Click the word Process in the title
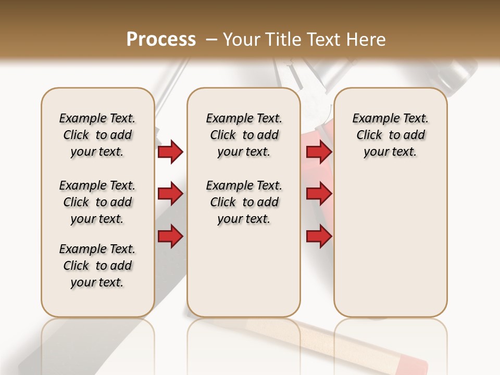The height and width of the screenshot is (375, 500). tap(161, 40)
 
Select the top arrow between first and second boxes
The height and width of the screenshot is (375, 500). tap(170, 152)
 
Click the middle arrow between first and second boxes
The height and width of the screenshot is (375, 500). tap(170, 194)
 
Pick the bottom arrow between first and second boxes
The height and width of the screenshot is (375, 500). tap(170, 236)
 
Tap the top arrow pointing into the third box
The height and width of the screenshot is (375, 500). tap(319, 152)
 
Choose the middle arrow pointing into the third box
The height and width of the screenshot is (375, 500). tap(319, 194)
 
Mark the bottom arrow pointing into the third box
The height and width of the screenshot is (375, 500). tap(319, 236)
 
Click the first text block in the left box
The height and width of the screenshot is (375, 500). tap(97, 135)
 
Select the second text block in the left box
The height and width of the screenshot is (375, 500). tap(97, 202)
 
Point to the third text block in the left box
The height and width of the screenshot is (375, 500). tap(97, 266)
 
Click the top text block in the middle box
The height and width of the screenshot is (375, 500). tap(244, 135)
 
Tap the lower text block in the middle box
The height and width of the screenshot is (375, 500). tap(244, 202)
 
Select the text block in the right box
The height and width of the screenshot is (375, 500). tap(390, 135)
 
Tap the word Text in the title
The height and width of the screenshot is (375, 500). tap(322, 40)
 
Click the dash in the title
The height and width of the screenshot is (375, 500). tap(211, 40)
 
